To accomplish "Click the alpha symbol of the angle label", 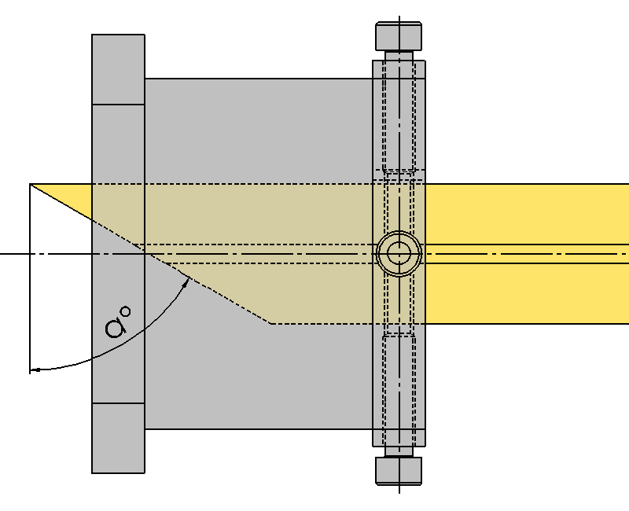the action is (x=116, y=326).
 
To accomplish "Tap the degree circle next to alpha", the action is (x=126, y=311).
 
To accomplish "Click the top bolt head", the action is (x=399, y=36).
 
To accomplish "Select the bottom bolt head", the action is (x=399, y=471).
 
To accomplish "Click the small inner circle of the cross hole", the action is (x=399, y=253).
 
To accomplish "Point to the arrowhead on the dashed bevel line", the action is (x=186, y=282).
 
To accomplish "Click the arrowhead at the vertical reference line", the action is (x=35, y=369).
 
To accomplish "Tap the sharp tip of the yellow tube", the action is (x=31, y=184).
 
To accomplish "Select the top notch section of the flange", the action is (x=119, y=69).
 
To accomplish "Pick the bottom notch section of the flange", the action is (x=119, y=438).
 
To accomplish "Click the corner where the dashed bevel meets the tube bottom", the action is (x=270, y=323).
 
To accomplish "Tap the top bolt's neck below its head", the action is (x=399, y=56).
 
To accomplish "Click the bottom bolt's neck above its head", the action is (x=399, y=451).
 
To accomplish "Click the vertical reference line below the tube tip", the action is (x=30, y=278).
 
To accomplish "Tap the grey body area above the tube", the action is (x=259, y=131).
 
